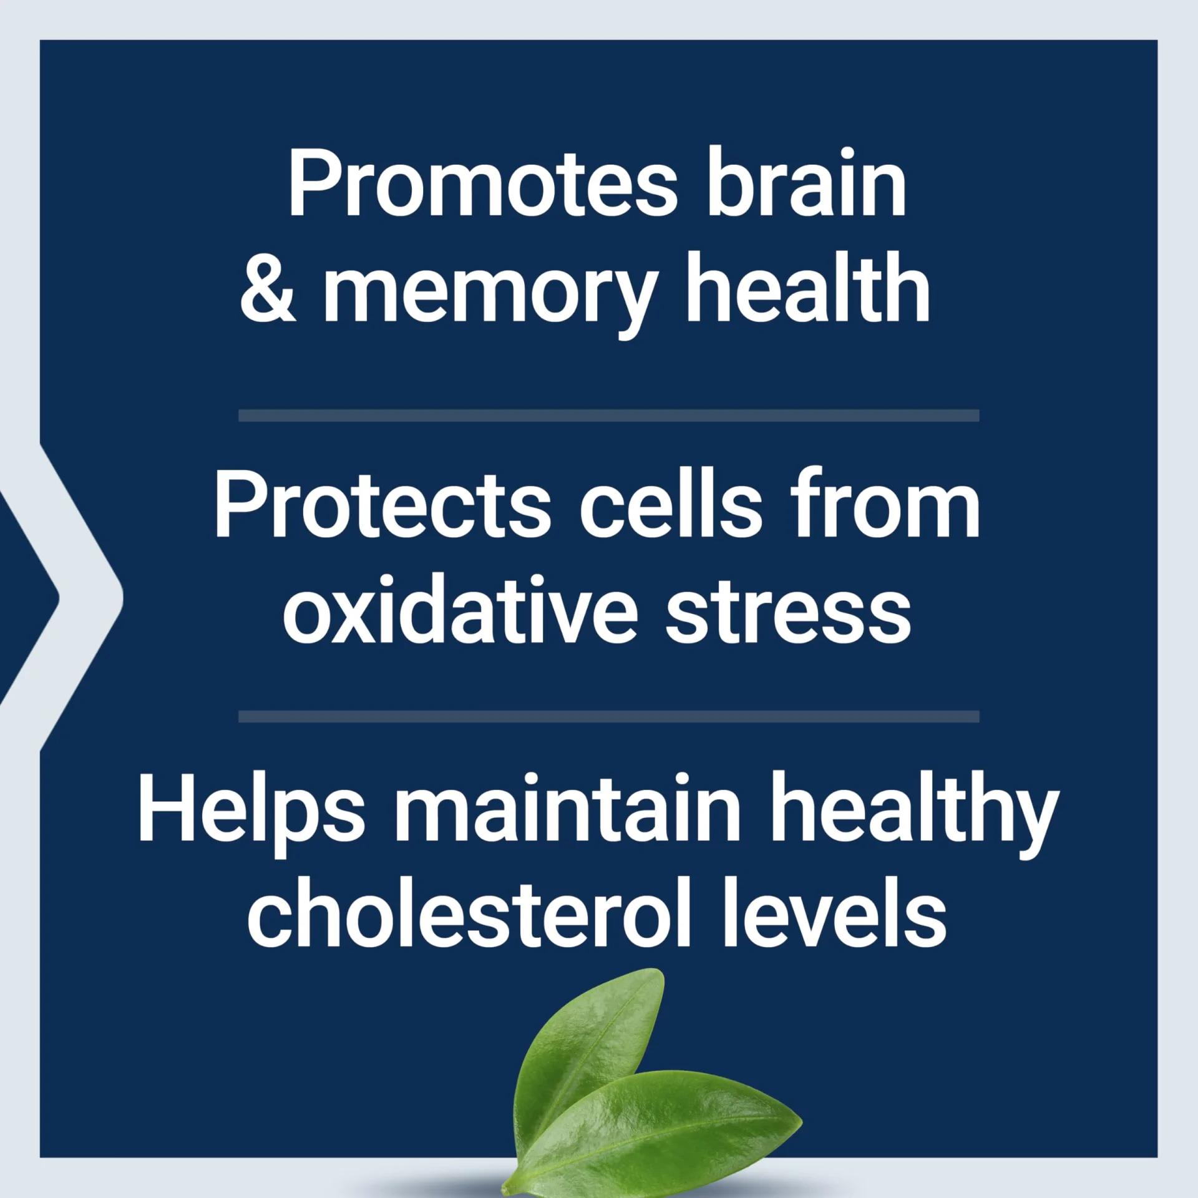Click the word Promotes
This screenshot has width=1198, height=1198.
point(482,184)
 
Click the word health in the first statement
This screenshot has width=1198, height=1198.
point(809,286)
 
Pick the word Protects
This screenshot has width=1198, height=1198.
point(382,505)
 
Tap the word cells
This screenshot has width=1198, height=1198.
point(671,502)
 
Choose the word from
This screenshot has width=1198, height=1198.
point(885,502)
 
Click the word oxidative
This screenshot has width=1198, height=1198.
point(460,608)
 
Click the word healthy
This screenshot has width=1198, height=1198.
point(915,815)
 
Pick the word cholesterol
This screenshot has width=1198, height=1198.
point(469,912)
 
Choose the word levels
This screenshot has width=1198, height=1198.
point(834,912)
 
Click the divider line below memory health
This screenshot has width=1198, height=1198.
point(608,416)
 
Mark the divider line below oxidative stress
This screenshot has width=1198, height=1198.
point(608,716)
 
